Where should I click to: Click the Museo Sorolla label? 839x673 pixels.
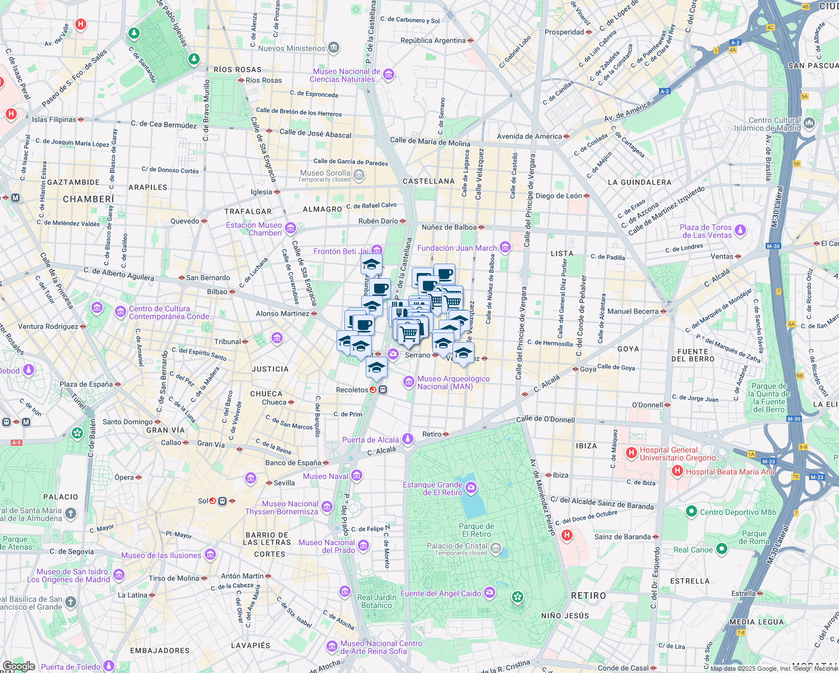point(325,173)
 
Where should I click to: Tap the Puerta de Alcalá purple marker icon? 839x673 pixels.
point(408,438)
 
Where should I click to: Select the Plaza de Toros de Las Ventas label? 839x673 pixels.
point(706,231)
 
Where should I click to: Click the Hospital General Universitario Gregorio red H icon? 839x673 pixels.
point(631,452)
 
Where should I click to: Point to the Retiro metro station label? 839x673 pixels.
point(432,434)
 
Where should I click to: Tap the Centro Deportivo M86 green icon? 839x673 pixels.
point(691,511)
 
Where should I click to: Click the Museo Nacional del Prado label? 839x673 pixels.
point(327,546)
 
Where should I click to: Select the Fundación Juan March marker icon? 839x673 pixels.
point(505,247)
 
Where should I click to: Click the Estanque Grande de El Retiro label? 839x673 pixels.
point(433,488)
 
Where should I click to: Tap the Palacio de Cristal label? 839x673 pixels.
point(457,546)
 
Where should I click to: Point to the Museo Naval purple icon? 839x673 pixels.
point(357,476)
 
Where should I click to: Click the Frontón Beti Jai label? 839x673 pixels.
point(341,251)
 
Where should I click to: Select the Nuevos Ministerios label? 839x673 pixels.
point(292,48)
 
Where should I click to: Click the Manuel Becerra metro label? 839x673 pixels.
point(633,311)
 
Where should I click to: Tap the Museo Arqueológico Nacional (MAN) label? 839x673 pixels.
point(453,382)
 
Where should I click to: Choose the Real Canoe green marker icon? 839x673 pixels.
point(722,550)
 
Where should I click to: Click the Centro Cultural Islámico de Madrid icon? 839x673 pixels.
point(809,123)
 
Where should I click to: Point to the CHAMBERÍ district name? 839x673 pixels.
point(89,199)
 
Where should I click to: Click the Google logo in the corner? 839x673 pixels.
point(19,666)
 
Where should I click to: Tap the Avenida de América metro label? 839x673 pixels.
point(529,136)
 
